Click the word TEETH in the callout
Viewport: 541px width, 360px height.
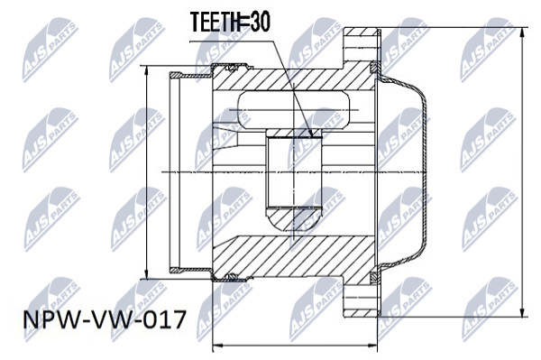215,22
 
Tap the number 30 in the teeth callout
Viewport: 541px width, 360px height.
260,22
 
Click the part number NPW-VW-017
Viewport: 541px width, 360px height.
105,319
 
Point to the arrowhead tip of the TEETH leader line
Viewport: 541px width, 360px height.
312,136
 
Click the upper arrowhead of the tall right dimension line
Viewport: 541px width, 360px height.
523,32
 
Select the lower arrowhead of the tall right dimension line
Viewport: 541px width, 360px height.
523,311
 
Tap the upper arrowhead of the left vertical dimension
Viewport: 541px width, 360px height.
147,70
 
